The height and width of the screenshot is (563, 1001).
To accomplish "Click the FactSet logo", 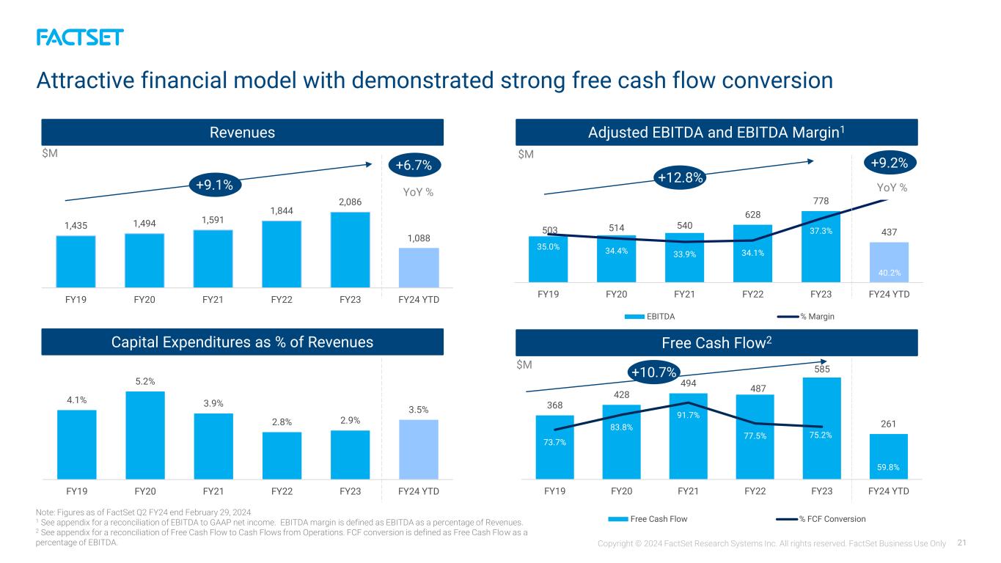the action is (x=80, y=37).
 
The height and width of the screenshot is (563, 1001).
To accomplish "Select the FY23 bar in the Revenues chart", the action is (x=350, y=249).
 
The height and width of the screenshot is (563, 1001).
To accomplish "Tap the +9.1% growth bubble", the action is (x=215, y=185).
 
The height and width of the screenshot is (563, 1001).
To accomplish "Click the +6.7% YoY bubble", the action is (x=414, y=165).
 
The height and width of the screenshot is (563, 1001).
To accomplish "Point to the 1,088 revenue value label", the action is (x=419, y=238).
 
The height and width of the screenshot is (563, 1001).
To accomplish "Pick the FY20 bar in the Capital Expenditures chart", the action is (x=145, y=435).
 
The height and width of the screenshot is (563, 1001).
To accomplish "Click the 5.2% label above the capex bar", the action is (x=145, y=381).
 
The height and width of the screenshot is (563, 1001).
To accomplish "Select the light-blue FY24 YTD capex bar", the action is (x=419, y=449).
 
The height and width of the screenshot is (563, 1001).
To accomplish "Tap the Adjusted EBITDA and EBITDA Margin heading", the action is (x=716, y=132).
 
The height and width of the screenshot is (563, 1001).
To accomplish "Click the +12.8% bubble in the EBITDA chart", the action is (x=680, y=177).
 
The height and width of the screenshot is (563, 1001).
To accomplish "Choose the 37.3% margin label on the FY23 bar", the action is (x=821, y=231).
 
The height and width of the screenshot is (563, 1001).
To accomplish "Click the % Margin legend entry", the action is (x=806, y=317).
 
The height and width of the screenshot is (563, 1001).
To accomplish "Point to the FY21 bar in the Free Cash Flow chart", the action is (x=688, y=436).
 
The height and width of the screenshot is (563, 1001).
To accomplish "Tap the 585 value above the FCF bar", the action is (x=822, y=369).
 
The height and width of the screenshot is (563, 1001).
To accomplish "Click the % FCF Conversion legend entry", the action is (x=821, y=519).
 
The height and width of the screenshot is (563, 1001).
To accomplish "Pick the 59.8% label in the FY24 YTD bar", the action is (x=888, y=467).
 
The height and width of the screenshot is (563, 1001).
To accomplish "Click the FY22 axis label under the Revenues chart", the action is (x=282, y=299).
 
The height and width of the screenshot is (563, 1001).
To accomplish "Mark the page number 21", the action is (x=961, y=542).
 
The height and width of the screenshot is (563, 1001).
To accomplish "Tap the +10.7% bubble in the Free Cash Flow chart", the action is (x=654, y=372).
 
